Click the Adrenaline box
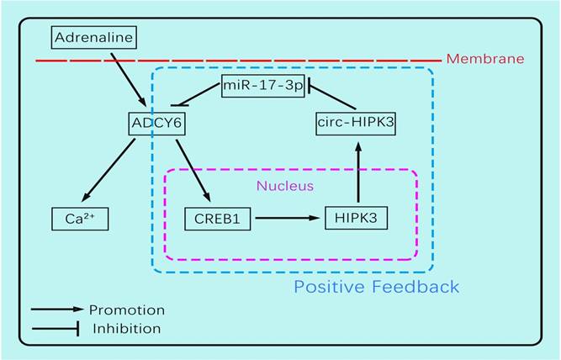click(94, 37)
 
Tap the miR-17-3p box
click(262, 85)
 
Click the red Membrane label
click(484, 59)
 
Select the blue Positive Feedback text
click(376, 287)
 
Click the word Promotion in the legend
click(127, 310)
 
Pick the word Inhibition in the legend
click(126, 328)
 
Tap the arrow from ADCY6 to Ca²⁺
click(109, 172)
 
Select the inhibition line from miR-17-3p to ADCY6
click(196, 95)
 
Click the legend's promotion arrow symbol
click(57, 310)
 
